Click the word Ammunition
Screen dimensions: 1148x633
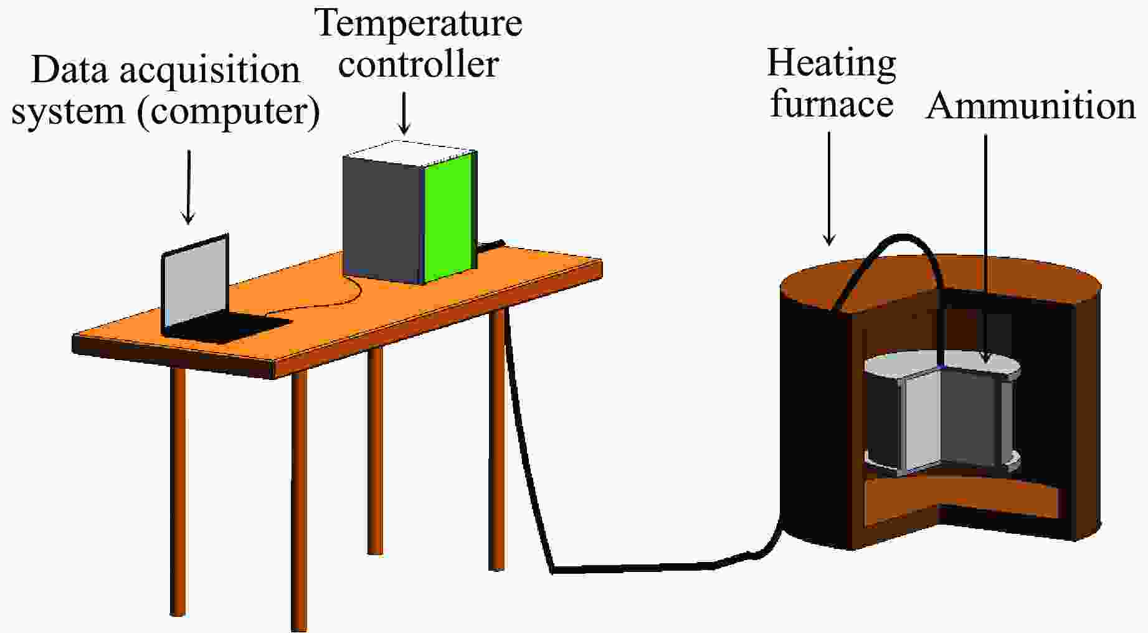coord(1032,105)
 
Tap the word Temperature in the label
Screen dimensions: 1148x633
coord(419,24)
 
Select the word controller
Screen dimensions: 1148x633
coord(418,64)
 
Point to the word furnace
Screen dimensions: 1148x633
coord(832,103)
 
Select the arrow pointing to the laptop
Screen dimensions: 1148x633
coord(188,187)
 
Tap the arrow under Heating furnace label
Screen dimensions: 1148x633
coord(829,188)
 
